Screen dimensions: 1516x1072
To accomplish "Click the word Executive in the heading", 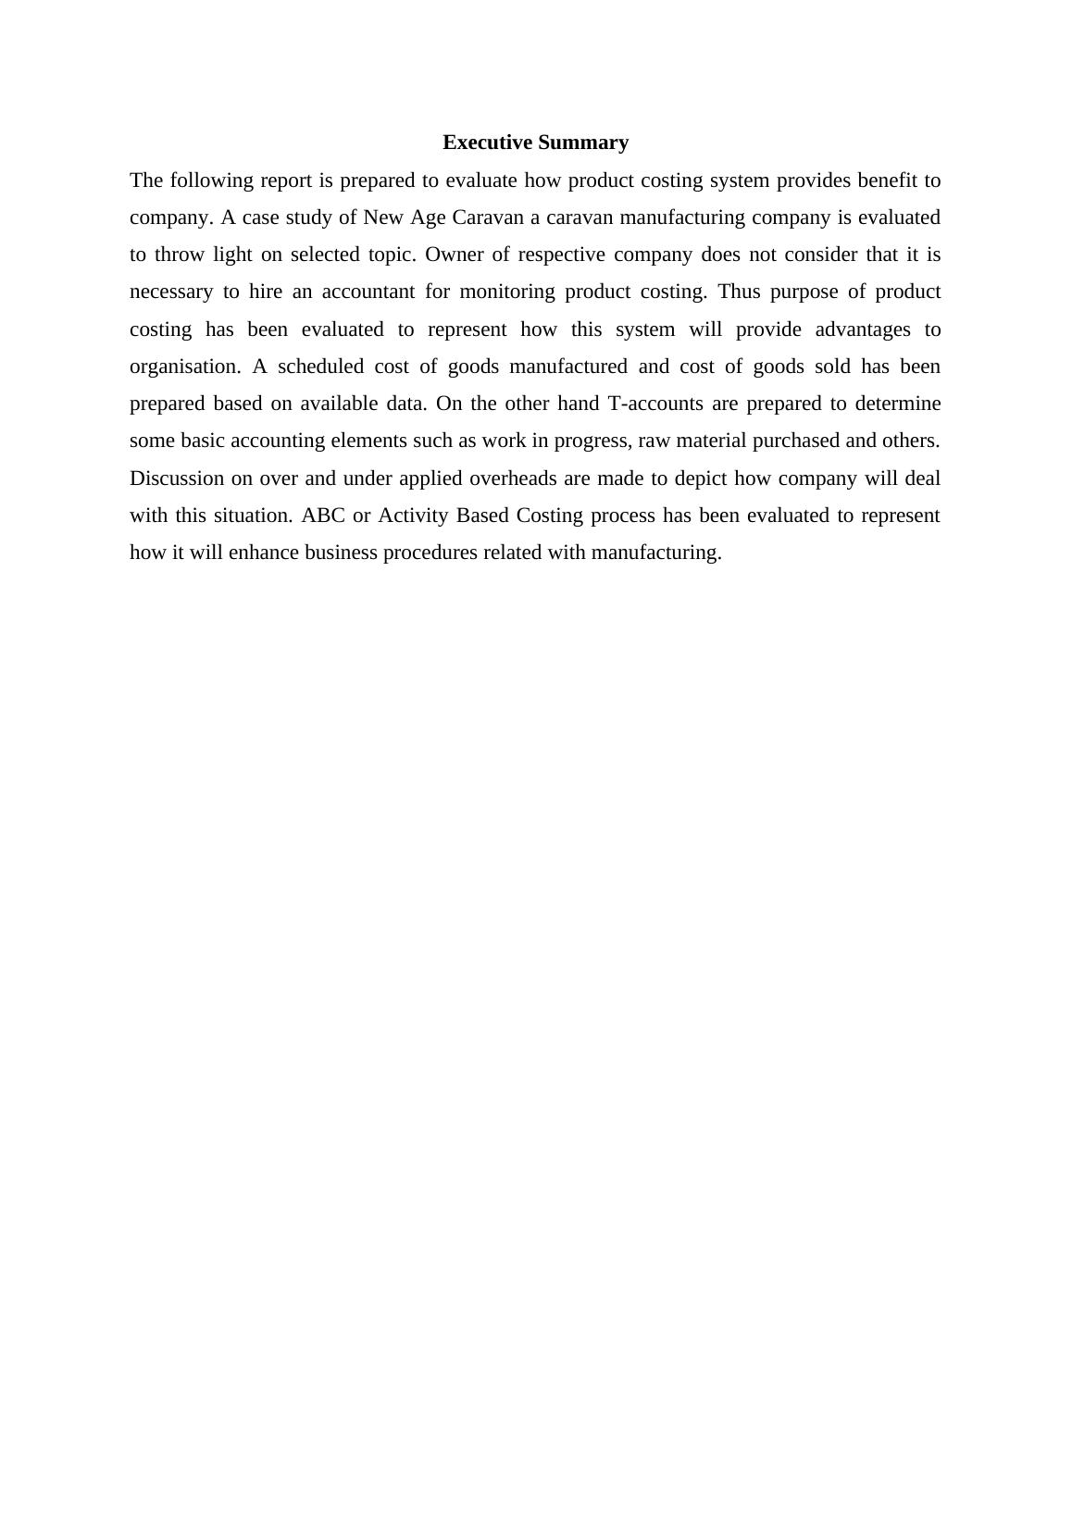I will click(487, 143).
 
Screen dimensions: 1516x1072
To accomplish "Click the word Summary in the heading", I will click(583, 143).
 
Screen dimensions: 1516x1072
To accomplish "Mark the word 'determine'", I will click(897, 404).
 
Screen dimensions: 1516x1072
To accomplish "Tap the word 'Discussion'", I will click(177, 478).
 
